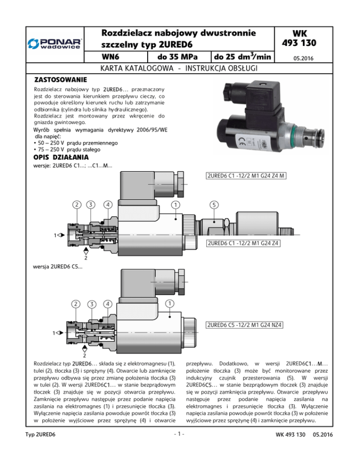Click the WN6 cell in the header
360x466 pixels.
click(x=110, y=56)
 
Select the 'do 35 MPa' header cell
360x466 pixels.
click(x=178, y=56)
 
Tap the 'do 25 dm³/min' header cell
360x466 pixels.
click(x=242, y=56)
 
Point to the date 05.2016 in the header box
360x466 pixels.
click(x=303, y=58)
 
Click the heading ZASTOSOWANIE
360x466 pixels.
click(x=60, y=80)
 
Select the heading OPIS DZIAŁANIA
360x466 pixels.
click(x=61, y=157)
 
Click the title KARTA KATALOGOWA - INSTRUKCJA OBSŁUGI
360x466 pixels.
click(x=179, y=68)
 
